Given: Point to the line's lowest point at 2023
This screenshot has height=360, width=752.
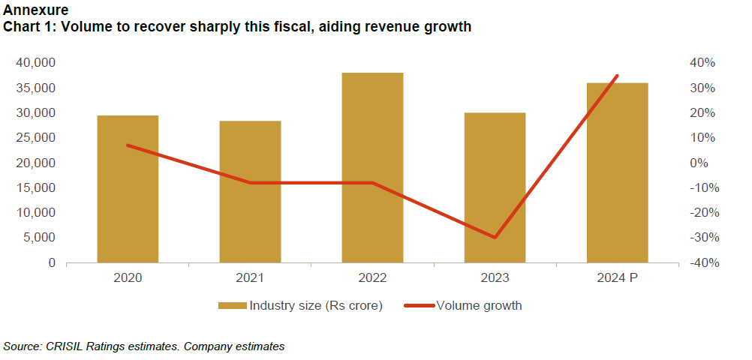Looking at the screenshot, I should tap(495, 237).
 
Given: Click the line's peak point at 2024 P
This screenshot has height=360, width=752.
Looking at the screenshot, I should tap(617, 75).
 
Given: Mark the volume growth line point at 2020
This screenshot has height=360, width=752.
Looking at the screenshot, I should tap(128, 145).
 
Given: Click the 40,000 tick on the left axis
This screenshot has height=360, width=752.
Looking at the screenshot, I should tap(36, 63).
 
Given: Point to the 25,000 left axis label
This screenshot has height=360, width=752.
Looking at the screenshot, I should tap(36, 138).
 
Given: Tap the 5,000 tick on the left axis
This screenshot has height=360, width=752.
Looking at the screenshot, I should tap(39, 238).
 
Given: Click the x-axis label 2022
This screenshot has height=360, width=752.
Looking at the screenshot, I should tap(372, 278).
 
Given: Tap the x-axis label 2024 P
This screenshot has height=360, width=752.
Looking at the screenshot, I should tap(617, 278).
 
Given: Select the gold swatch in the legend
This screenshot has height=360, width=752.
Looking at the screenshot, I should tap(232, 306).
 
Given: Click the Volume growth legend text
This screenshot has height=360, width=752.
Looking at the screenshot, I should tap(478, 306).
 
